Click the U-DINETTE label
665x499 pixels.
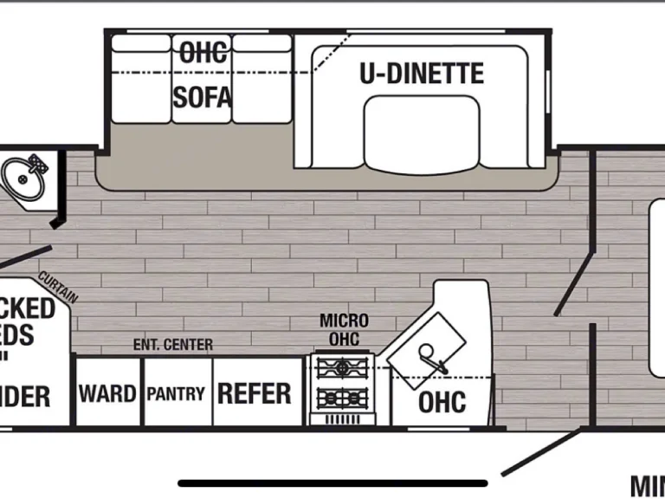pos(421,74)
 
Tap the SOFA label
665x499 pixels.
pos(203,97)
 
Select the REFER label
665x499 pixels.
pos(254,393)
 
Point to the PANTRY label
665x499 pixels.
pos(176,393)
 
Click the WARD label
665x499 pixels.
pos(107,393)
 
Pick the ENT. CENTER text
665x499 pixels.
pos(172,345)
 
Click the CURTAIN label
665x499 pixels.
pos(58,287)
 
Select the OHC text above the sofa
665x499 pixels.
pos(203,52)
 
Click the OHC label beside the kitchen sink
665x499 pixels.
pos(442,402)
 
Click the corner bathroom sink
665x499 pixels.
pos(24,178)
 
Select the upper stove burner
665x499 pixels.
pos(343,368)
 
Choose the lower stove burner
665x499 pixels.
pos(343,399)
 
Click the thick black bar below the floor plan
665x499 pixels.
pos(332,483)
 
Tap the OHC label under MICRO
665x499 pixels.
pos(344,339)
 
